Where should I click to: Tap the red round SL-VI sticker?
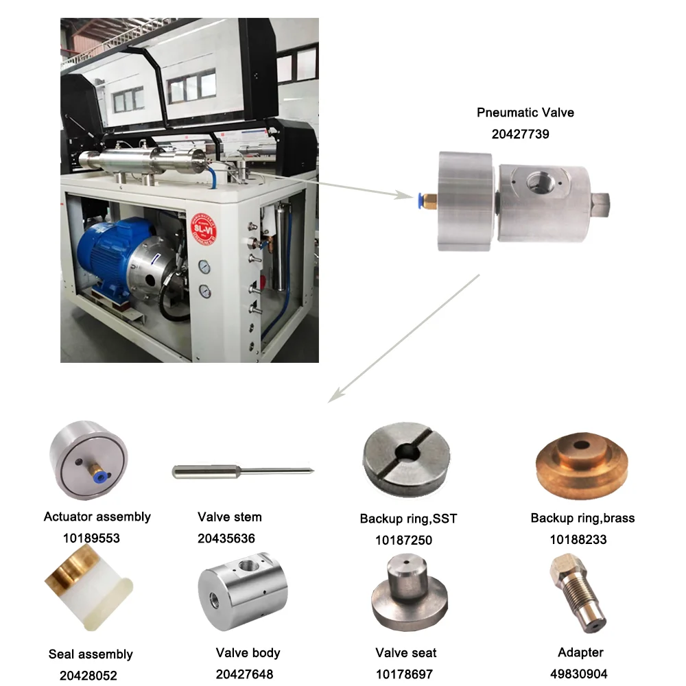[204, 229]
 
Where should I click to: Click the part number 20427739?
[520, 134]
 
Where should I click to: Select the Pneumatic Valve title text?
[525, 113]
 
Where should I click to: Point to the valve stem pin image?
[243, 471]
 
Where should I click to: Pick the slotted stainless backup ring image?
[406, 459]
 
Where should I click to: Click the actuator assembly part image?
[88, 460]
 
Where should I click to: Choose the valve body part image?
[243, 591]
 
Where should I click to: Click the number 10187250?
[403, 541]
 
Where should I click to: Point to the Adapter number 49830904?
[578, 674]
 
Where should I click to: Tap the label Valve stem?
[229, 517]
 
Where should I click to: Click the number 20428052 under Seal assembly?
[88, 676]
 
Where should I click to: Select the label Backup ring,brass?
[582, 518]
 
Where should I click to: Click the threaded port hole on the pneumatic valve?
[538, 182]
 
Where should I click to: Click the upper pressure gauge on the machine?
[204, 266]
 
